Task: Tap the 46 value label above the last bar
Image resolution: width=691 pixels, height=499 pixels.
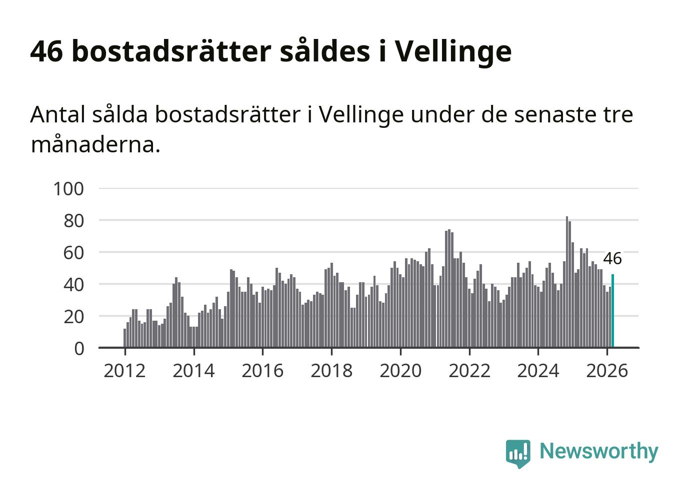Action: (x=612, y=259)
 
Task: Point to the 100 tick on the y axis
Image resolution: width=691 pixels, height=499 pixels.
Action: (x=68, y=189)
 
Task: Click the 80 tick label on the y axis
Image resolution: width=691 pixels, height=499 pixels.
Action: (x=73, y=221)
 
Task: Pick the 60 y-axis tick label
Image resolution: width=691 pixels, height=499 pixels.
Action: (x=73, y=253)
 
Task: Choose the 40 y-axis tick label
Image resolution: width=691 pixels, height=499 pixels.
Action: (x=73, y=285)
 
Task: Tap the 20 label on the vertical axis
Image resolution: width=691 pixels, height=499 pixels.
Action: (x=73, y=317)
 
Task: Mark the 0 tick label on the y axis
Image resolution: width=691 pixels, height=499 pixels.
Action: (x=79, y=348)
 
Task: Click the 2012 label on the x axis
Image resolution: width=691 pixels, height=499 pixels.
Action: (x=124, y=371)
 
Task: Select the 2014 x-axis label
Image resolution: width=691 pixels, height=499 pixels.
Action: (x=193, y=371)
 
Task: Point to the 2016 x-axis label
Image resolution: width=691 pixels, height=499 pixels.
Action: (x=262, y=371)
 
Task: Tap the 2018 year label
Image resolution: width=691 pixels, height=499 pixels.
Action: (x=331, y=371)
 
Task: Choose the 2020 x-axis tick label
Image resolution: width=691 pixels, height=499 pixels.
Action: (x=400, y=371)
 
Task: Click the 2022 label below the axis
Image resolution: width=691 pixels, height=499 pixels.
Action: (x=469, y=371)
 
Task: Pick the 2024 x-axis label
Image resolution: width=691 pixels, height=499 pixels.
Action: (x=538, y=371)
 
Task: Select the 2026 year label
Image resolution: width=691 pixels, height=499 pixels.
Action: (x=606, y=371)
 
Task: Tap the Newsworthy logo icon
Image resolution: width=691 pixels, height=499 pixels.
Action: (x=517, y=453)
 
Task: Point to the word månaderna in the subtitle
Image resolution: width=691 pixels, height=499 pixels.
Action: (x=95, y=145)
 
